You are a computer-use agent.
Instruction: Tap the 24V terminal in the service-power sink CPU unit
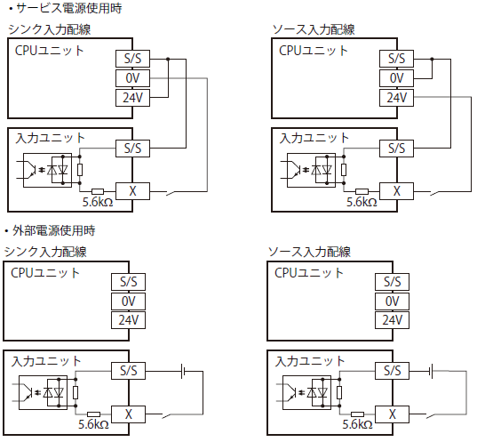pos(133,98)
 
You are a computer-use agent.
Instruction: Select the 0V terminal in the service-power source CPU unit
pos(396,78)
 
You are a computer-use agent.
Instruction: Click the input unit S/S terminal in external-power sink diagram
pos(128,370)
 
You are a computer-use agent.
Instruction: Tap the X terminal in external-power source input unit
pos(392,414)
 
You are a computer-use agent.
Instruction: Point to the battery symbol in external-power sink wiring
pos(183,370)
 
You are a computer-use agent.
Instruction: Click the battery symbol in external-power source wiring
pos(430,370)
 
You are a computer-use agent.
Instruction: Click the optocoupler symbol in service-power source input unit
pos(296,166)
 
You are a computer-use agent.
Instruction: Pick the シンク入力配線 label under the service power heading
pos(50,29)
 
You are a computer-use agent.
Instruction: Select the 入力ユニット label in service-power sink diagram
pos(46,138)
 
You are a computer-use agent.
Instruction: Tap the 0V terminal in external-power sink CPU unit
pos(128,301)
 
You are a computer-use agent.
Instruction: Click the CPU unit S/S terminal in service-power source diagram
pos(396,59)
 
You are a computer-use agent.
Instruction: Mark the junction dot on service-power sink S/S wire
pos(166,59)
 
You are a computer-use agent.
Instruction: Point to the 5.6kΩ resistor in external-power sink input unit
pos(94,414)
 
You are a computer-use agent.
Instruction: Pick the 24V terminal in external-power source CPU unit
pos(392,320)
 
